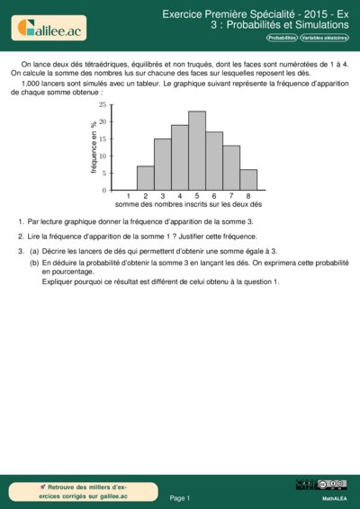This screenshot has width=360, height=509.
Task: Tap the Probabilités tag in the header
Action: point(282,38)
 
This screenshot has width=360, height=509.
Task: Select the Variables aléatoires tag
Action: point(325,38)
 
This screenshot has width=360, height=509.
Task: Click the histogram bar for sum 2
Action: point(145,178)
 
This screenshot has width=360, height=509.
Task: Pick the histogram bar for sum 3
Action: point(162,165)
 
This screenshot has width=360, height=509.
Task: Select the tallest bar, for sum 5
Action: point(197,151)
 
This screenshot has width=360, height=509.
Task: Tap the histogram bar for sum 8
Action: point(248,180)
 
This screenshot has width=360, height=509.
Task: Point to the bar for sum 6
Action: point(214,161)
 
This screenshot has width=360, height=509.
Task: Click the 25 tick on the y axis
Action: point(103,105)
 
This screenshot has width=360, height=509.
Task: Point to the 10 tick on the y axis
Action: point(103,156)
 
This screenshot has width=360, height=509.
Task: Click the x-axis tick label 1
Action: point(128,196)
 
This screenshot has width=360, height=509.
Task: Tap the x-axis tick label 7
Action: point(231,196)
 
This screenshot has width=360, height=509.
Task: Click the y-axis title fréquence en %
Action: point(94,148)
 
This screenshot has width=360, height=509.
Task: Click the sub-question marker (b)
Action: point(34,263)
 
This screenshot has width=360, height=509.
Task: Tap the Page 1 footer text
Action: point(180,497)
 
